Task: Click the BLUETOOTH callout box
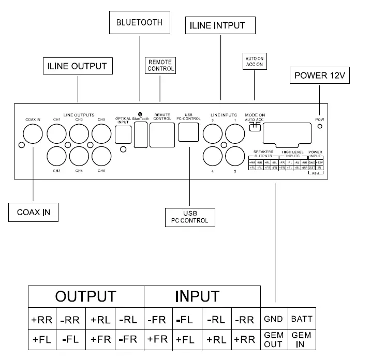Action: coord(139,23)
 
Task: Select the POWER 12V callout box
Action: coord(319,76)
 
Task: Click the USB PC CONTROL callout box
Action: coord(189,217)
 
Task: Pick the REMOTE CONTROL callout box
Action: coord(160,66)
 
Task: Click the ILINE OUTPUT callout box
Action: coord(77,66)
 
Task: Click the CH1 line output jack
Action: coord(57,136)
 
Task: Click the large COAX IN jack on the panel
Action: coord(34,136)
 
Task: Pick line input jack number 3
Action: coord(212,136)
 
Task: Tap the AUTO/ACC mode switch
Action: coord(255,127)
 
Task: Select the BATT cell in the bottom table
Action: coord(301,319)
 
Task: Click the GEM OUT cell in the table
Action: coord(274,339)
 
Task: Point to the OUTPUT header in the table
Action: coord(86,296)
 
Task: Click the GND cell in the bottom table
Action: coord(274,319)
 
